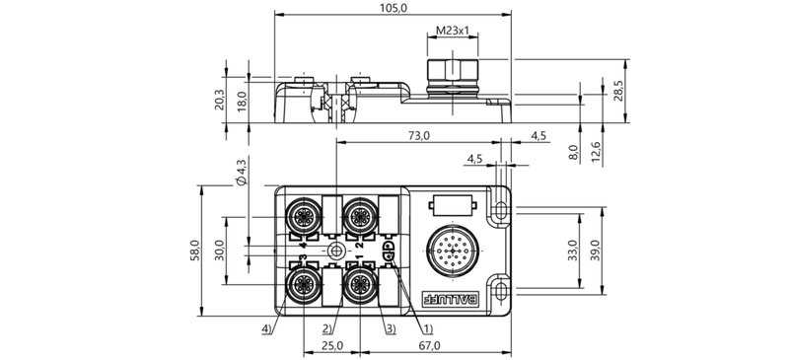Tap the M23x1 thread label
click(453, 31)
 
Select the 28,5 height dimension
click(618, 91)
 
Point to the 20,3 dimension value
click(219, 100)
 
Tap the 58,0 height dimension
click(194, 251)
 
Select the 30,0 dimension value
click(219, 251)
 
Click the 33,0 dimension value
click(572, 251)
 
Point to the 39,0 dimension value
click(596, 251)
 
